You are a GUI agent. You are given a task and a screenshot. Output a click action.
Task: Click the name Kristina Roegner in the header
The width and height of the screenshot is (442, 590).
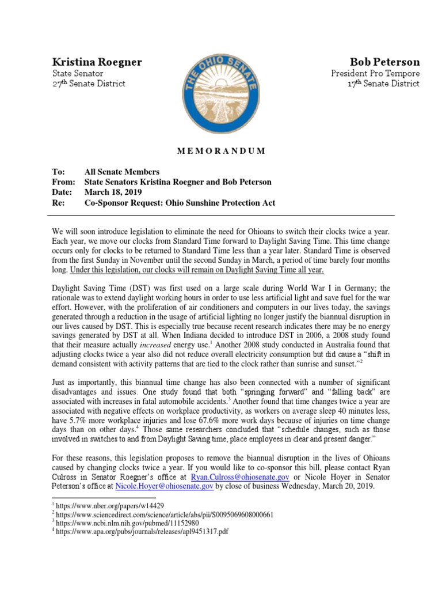[x=97, y=62]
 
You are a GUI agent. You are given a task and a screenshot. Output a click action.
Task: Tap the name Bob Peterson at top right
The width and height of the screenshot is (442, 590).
[x=384, y=62]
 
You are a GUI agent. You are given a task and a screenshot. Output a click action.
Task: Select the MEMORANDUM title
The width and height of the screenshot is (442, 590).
[x=220, y=151]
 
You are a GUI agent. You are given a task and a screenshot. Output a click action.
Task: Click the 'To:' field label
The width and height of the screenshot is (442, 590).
[x=58, y=172]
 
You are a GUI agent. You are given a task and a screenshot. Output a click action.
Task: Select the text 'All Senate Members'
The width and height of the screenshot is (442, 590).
[x=121, y=172]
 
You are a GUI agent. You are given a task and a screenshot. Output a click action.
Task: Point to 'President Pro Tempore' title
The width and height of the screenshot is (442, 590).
[x=375, y=73]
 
